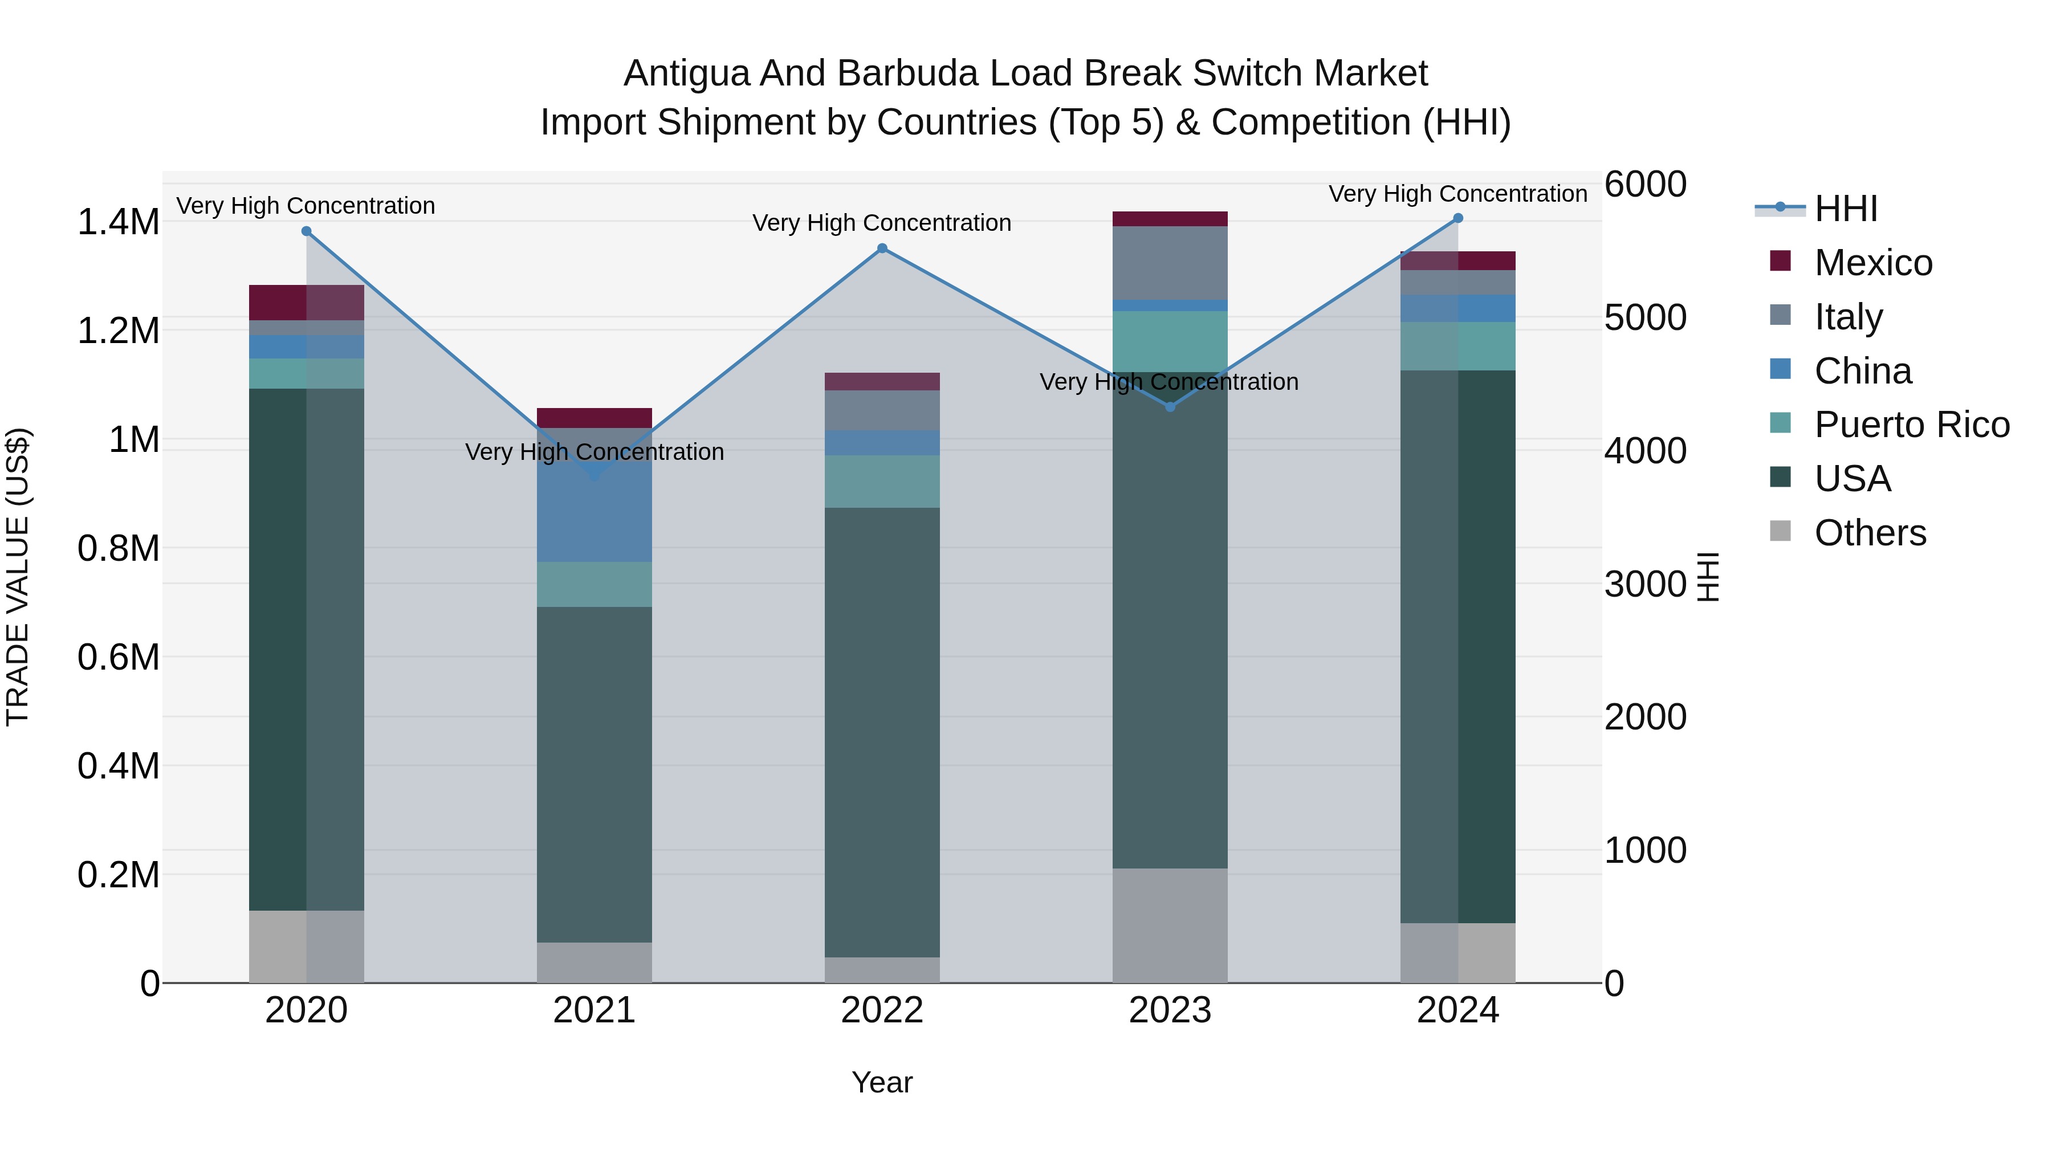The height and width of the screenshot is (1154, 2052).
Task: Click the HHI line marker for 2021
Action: tap(595, 475)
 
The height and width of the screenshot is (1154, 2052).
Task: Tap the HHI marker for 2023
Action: tap(1170, 407)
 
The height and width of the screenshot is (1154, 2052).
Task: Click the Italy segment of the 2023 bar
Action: tap(1170, 263)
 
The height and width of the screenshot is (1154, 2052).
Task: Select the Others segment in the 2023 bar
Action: tap(1170, 925)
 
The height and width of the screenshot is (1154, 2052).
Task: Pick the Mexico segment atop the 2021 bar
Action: tap(595, 418)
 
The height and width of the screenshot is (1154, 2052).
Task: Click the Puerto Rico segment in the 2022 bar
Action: tap(882, 481)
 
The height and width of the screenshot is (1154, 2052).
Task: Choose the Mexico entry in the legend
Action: tap(1872, 263)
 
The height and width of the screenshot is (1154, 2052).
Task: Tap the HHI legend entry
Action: tap(1845, 209)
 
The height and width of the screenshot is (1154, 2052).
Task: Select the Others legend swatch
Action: tap(1780, 531)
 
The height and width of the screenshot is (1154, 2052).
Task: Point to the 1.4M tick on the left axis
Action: tap(118, 222)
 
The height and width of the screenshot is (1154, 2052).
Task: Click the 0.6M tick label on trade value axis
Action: tap(118, 658)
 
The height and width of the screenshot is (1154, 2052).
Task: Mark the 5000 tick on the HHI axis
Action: tap(1645, 318)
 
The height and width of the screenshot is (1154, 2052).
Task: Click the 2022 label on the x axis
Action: tap(882, 1010)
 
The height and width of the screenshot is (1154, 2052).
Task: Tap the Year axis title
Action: tap(882, 1082)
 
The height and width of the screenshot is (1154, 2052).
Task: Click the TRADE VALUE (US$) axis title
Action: tap(18, 577)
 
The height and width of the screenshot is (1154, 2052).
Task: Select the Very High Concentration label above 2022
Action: tap(882, 223)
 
